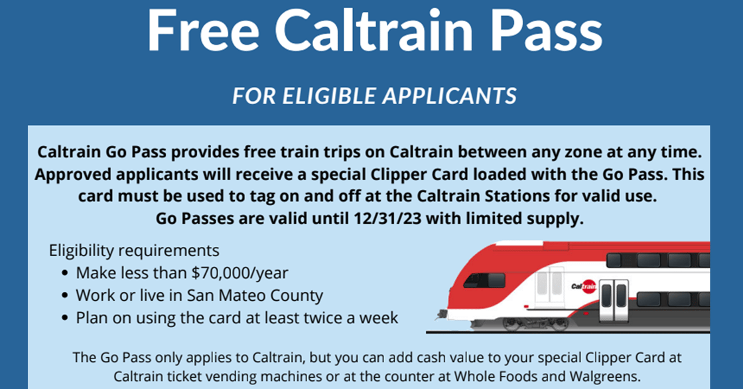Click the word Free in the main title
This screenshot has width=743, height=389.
[x=203, y=31]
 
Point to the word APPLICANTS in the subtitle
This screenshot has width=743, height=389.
[x=449, y=96]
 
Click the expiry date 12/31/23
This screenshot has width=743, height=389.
[x=387, y=218]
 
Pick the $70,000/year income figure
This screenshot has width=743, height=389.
[x=239, y=273]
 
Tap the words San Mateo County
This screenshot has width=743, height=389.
[x=255, y=295]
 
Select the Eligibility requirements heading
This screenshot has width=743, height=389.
[x=134, y=250]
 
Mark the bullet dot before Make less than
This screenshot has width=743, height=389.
[x=66, y=273]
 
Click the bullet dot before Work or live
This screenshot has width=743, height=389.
[x=66, y=296]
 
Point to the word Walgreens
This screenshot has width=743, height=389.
[x=604, y=376]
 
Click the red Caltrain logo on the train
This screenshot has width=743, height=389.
[x=584, y=287]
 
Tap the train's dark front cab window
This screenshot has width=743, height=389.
[x=484, y=280]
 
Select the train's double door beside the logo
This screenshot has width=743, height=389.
[x=614, y=301]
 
